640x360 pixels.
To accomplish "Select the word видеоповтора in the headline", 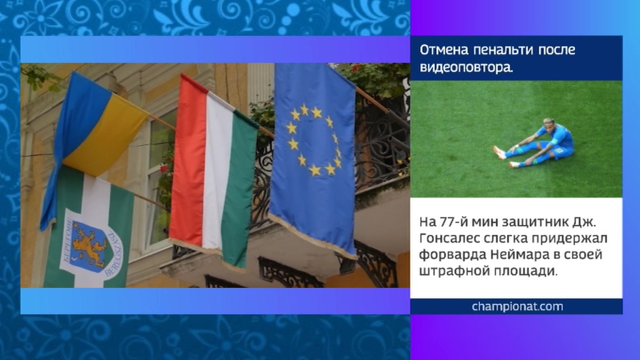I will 466,67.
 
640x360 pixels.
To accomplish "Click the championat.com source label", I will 517,306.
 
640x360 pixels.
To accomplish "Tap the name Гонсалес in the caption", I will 448,238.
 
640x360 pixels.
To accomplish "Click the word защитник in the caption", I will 541,222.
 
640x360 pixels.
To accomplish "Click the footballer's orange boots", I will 500,152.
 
